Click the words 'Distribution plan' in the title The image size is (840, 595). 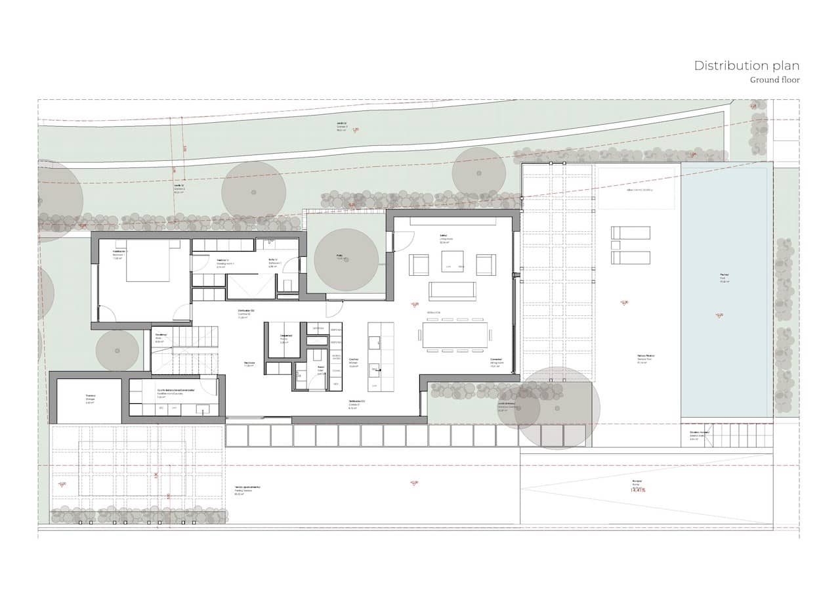746,66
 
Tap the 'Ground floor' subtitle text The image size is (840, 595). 775,80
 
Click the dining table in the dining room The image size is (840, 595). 456,334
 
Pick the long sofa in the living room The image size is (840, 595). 452,290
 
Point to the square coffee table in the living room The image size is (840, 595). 452,261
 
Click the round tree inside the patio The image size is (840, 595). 346,260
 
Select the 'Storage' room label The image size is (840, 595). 91,396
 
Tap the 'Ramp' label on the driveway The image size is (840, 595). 637,484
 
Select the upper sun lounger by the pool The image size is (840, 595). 630,232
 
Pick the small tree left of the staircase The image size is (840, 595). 117,350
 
